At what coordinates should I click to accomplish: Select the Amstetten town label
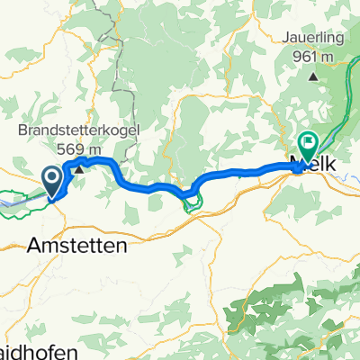point(76,244)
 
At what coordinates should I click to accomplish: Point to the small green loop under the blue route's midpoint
point(188,204)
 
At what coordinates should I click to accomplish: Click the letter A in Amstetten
point(37,244)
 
